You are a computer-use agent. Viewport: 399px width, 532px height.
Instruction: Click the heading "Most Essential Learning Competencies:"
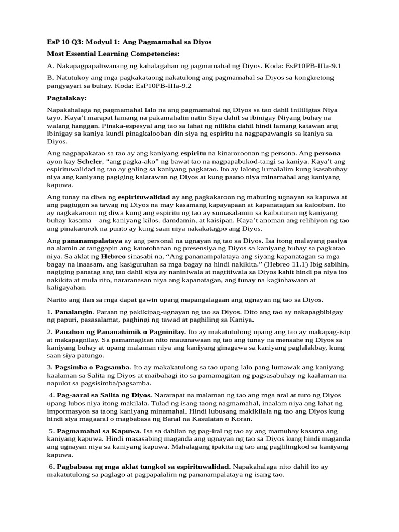click(113, 54)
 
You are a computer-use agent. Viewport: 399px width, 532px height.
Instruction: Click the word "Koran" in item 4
click(242, 418)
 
